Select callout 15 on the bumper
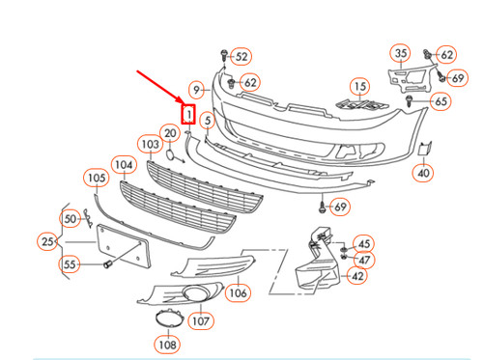[359, 89]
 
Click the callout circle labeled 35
[401, 52]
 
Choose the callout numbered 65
[441, 100]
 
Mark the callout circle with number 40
[424, 174]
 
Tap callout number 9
[197, 90]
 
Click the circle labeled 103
[149, 145]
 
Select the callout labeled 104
[124, 165]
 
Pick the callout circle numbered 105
[96, 178]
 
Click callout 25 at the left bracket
[47, 240]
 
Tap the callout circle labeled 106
[238, 292]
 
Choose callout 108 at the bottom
[167, 344]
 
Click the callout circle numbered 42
[357, 276]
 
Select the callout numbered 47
[363, 260]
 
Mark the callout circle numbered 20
[170, 132]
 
